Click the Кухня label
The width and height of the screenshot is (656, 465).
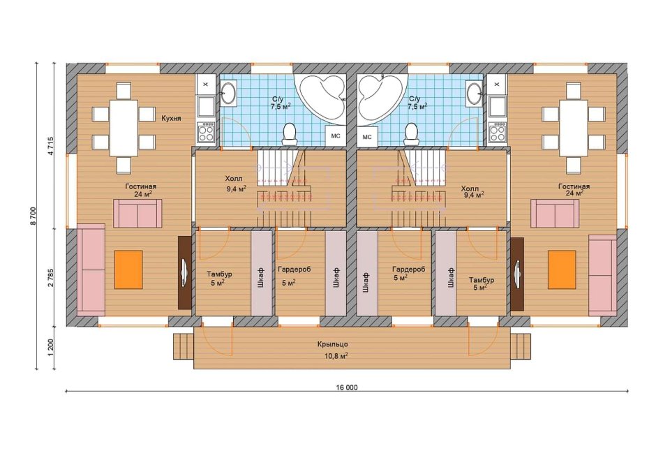tap(171, 119)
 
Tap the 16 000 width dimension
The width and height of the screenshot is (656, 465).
tap(346, 387)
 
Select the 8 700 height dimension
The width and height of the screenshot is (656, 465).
tap(33, 216)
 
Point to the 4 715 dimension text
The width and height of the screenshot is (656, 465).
tap(51, 146)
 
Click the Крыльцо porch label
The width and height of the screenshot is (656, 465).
tap(332, 344)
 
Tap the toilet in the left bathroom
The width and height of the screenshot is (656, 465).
tap(290, 134)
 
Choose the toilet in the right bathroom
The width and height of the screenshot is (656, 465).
tap(412, 134)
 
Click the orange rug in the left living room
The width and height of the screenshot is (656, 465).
tap(128, 270)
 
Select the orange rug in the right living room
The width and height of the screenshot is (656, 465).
tap(562, 270)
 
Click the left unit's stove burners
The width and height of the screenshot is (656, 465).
tap(206, 133)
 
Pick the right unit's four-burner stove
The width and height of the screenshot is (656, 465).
tap(497, 133)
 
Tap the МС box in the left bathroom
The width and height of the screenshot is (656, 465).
tap(336, 136)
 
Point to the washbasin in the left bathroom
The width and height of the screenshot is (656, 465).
tap(228, 92)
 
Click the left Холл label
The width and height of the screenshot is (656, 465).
tap(234, 179)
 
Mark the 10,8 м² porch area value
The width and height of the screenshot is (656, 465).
tap(337, 356)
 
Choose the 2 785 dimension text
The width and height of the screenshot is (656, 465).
tap(51, 278)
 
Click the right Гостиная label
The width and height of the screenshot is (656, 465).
tap(574, 186)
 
